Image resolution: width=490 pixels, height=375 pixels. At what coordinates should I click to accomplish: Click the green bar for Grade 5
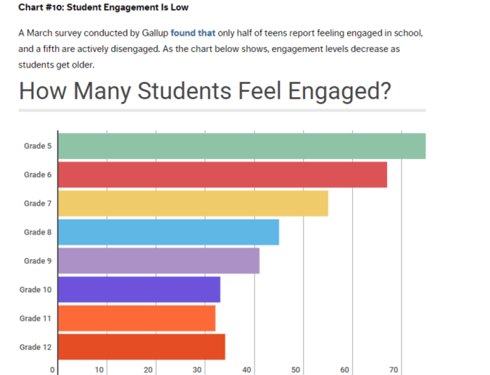[x=241, y=146]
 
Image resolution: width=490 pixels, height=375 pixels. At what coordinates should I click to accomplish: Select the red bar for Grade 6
[x=222, y=174]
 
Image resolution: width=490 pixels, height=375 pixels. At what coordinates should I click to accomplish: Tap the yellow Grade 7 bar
[x=193, y=203]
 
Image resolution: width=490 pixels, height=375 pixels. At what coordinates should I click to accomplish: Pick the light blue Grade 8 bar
[x=168, y=232]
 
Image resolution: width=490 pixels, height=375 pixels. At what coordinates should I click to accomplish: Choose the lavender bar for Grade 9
[x=158, y=261]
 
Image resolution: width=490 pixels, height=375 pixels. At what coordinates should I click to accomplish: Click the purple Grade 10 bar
[x=138, y=290]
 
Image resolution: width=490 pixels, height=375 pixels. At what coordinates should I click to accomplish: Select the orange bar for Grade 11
[x=136, y=319]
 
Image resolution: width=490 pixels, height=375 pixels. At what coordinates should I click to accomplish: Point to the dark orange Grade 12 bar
[x=141, y=347]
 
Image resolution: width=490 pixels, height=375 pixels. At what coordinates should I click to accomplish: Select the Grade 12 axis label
[x=36, y=347]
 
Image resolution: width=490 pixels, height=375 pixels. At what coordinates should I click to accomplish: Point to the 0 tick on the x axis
[x=53, y=370]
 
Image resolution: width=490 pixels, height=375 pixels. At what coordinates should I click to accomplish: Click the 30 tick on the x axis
[x=198, y=370]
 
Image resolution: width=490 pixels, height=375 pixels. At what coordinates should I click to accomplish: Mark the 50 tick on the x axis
[x=296, y=370]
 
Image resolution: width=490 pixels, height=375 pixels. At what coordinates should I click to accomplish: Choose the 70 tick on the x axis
[x=394, y=370]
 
